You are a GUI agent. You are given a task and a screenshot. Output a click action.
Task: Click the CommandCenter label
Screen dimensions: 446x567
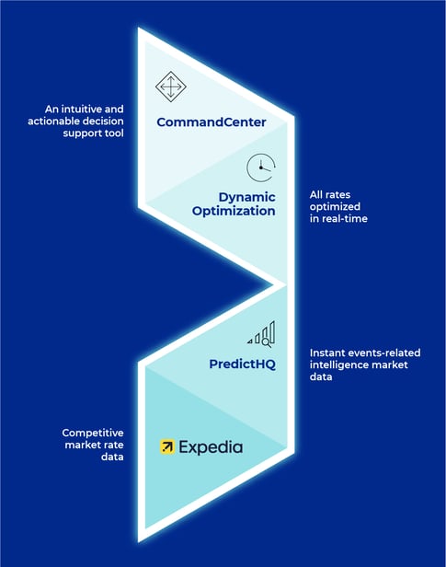click(212, 122)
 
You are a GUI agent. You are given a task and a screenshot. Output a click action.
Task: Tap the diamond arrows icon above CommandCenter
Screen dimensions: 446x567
click(171, 87)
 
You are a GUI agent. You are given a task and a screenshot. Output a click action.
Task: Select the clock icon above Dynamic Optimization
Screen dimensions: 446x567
click(261, 168)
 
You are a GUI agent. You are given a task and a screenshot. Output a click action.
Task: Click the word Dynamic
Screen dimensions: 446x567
click(247, 197)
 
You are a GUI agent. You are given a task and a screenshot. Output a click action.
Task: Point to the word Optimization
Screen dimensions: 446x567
click(234, 211)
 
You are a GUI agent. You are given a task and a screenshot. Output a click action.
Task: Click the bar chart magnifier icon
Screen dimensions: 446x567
click(261, 334)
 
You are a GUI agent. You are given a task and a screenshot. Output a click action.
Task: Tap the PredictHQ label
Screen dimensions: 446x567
click(243, 364)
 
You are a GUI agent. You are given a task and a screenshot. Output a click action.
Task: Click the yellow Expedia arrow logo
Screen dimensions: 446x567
click(167, 447)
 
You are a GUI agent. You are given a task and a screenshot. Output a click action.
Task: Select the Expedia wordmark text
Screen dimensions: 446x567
click(211, 447)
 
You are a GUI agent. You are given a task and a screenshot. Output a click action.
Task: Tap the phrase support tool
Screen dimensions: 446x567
click(93, 133)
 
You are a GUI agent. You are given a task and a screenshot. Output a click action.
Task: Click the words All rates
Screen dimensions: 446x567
click(330, 195)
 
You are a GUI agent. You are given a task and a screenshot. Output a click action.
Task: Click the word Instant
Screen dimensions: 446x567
click(326, 353)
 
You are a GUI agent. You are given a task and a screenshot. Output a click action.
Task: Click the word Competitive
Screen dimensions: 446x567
click(93, 434)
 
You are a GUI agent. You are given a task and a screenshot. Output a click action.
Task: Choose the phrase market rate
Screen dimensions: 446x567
click(94, 445)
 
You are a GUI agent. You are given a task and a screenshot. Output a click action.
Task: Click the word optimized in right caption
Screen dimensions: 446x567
click(335, 207)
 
